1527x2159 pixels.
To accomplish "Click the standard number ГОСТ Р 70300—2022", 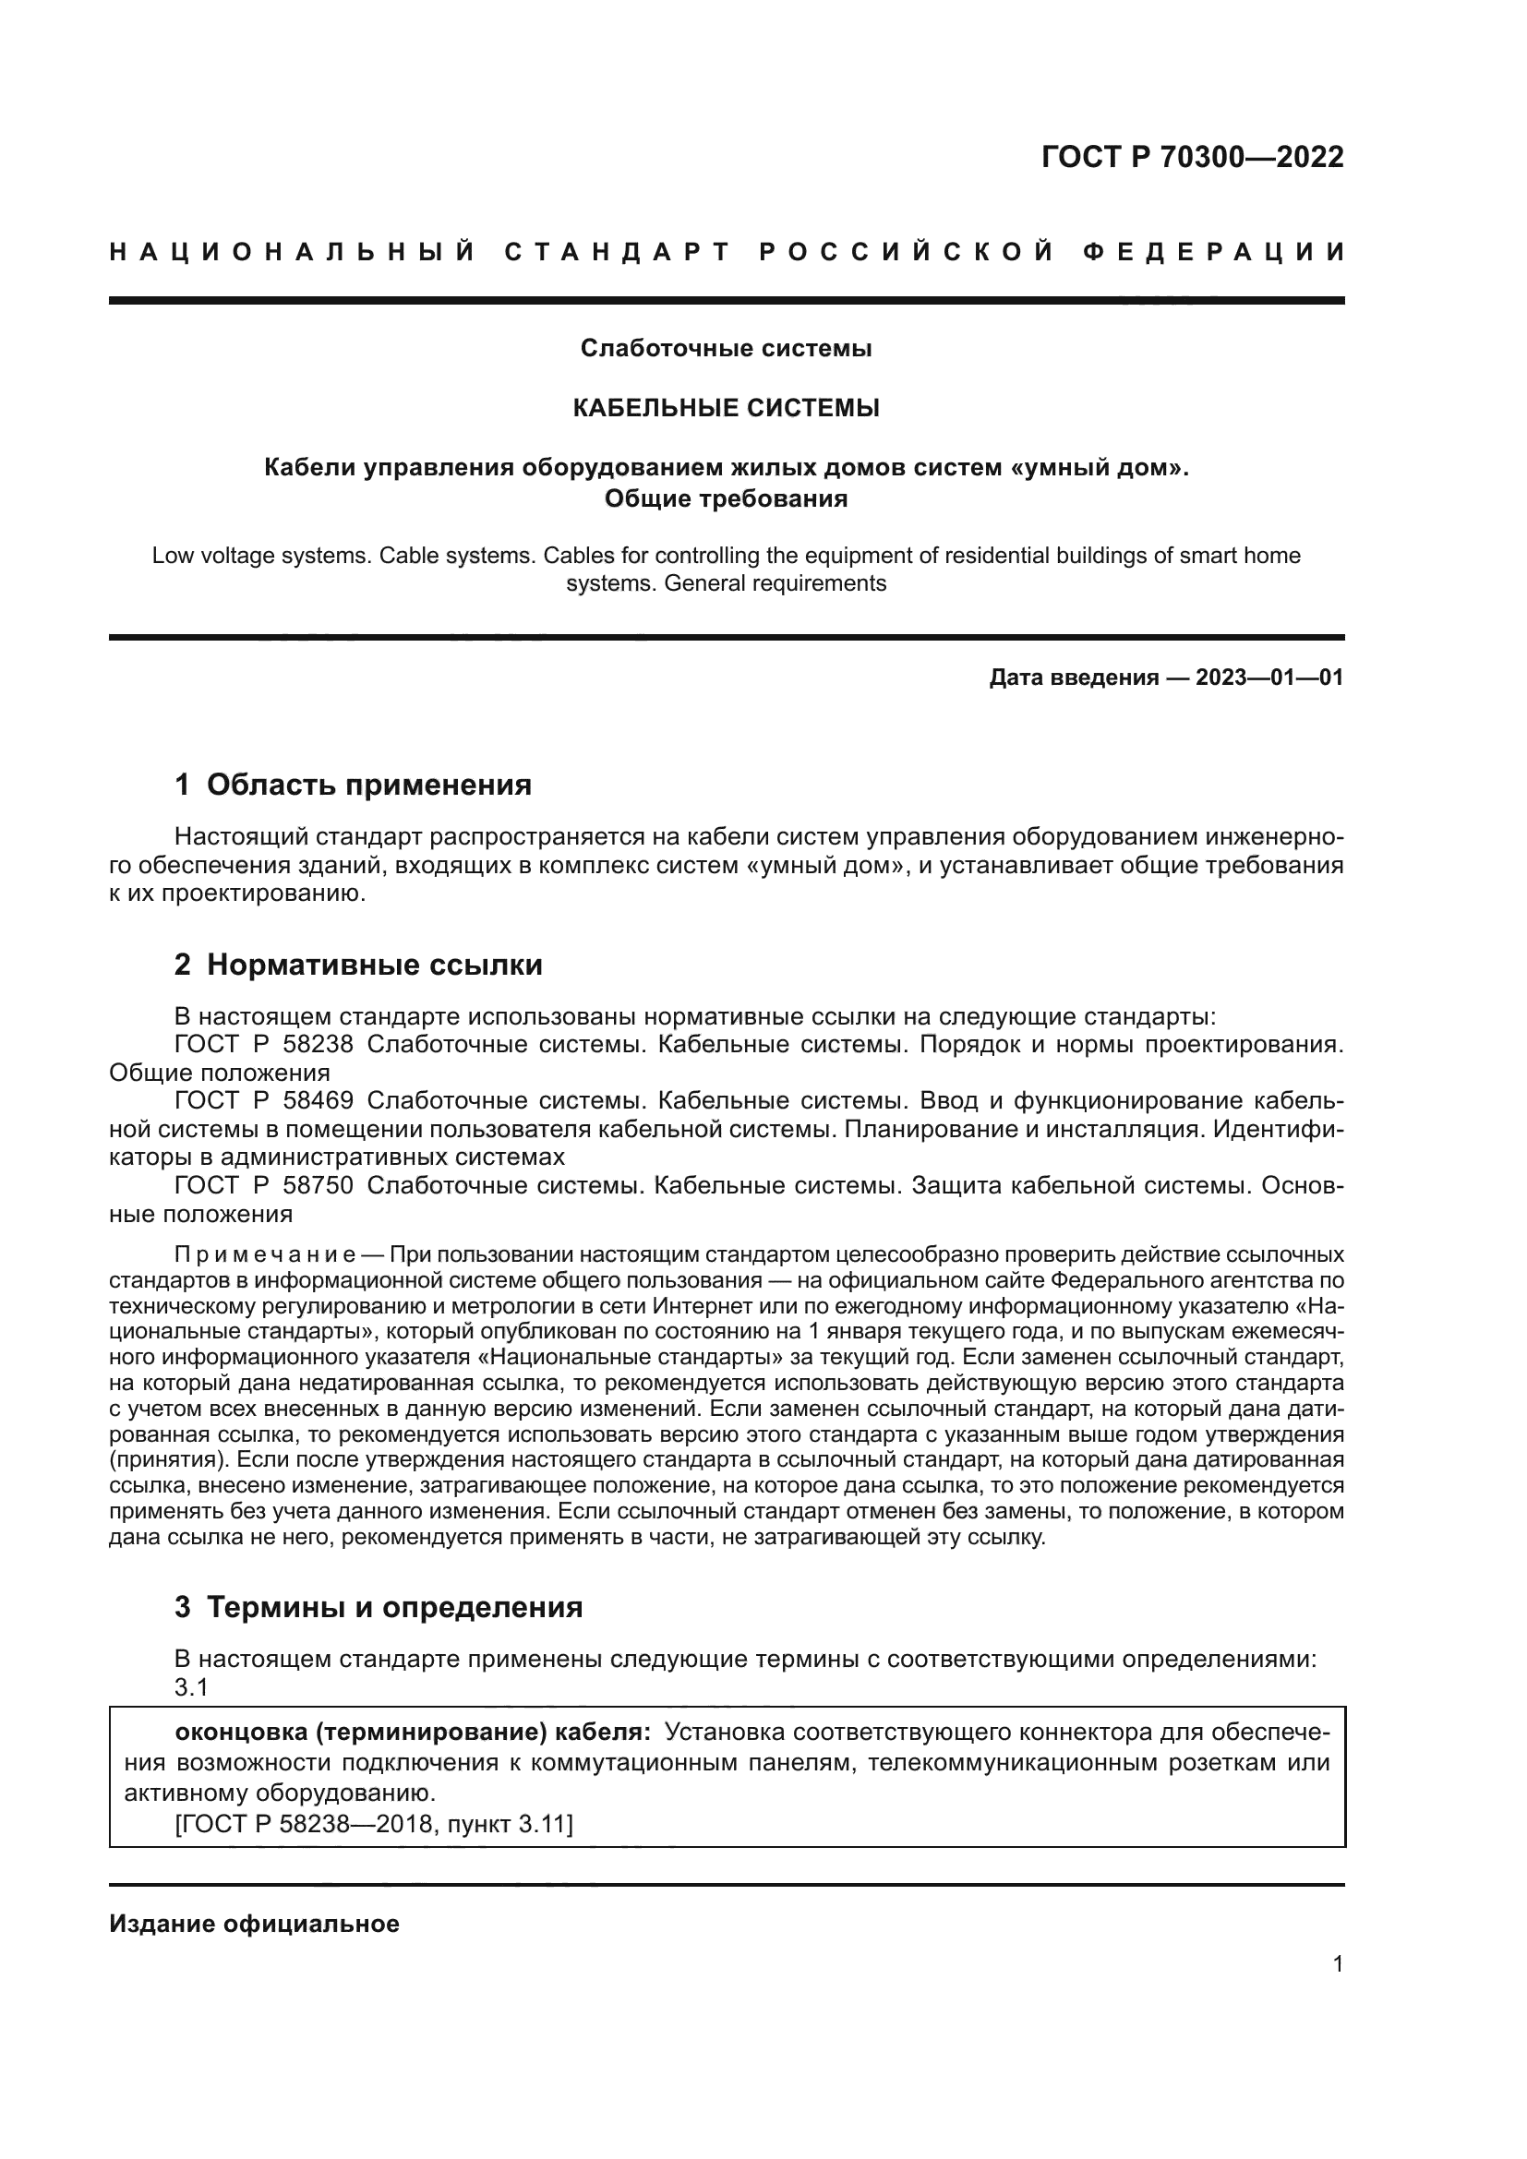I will [1191, 157].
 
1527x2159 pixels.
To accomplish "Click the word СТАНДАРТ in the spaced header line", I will [618, 252].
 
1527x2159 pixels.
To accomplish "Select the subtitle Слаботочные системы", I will [726, 349].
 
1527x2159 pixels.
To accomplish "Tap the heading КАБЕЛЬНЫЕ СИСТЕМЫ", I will [726, 408].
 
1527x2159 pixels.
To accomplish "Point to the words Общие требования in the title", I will [726, 498].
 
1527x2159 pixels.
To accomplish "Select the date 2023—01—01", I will [1268, 678].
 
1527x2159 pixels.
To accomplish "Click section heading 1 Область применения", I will [354, 785].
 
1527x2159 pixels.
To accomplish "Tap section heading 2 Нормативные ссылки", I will [358, 965].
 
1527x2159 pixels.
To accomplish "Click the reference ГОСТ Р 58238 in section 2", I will [264, 1045].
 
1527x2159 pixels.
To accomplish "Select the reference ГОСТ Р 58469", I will [264, 1101].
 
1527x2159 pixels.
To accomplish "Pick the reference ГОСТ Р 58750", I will [264, 1186].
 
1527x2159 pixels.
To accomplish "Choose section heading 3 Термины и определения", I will [378, 1608].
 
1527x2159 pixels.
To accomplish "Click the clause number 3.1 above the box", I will [191, 1688].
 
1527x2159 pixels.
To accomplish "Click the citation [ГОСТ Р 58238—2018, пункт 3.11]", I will [373, 1824].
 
